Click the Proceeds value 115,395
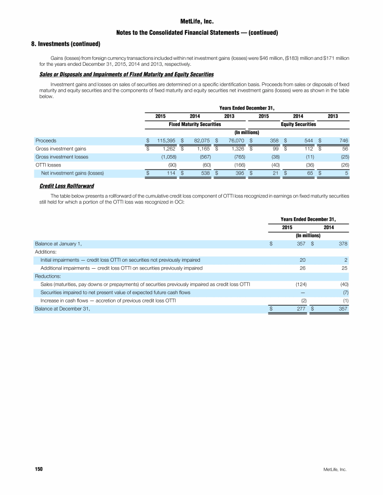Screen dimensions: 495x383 coord(163,141)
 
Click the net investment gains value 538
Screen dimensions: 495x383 coord(204,173)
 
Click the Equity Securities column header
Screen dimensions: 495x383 coord(299,124)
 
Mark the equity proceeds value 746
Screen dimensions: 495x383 coord(343,141)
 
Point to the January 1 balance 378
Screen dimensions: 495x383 coord(343,244)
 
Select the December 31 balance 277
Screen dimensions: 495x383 coord(301,309)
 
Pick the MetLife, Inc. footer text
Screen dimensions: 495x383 coord(335,470)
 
